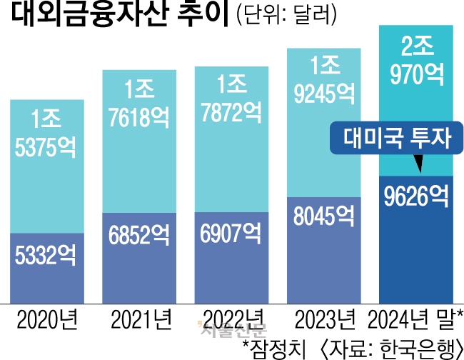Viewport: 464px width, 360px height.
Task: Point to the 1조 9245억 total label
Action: click(x=321, y=79)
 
